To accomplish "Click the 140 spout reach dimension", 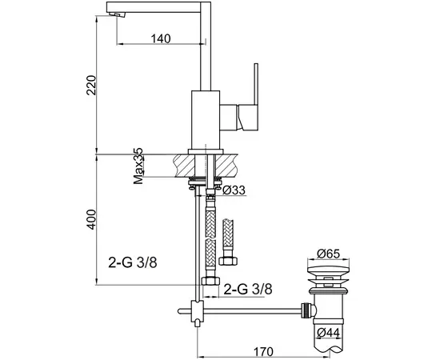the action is (161, 38).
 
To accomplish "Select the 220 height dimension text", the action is (91, 85).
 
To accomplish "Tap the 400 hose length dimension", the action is (91, 219).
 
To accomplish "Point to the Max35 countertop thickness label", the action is (138, 166).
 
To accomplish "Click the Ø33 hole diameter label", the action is (234, 190).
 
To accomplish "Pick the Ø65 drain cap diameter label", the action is (328, 254).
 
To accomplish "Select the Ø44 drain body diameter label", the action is (328, 333).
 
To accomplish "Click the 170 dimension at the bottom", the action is (263, 351).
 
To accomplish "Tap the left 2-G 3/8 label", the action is (133, 263).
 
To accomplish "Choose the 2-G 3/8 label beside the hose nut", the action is (248, 290).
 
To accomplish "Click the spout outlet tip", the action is (118, 14).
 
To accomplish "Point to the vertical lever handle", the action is (256, 84).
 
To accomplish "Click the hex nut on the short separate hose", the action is (228, 260).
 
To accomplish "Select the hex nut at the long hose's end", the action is (210, 281).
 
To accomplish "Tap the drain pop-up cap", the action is (328, 270).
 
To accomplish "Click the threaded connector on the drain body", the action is (307, 310).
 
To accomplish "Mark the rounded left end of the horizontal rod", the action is (180, 310).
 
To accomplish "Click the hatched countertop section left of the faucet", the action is (184, 166).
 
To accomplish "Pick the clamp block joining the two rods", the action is (198, 311).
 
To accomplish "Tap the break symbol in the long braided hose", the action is (210, 239).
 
